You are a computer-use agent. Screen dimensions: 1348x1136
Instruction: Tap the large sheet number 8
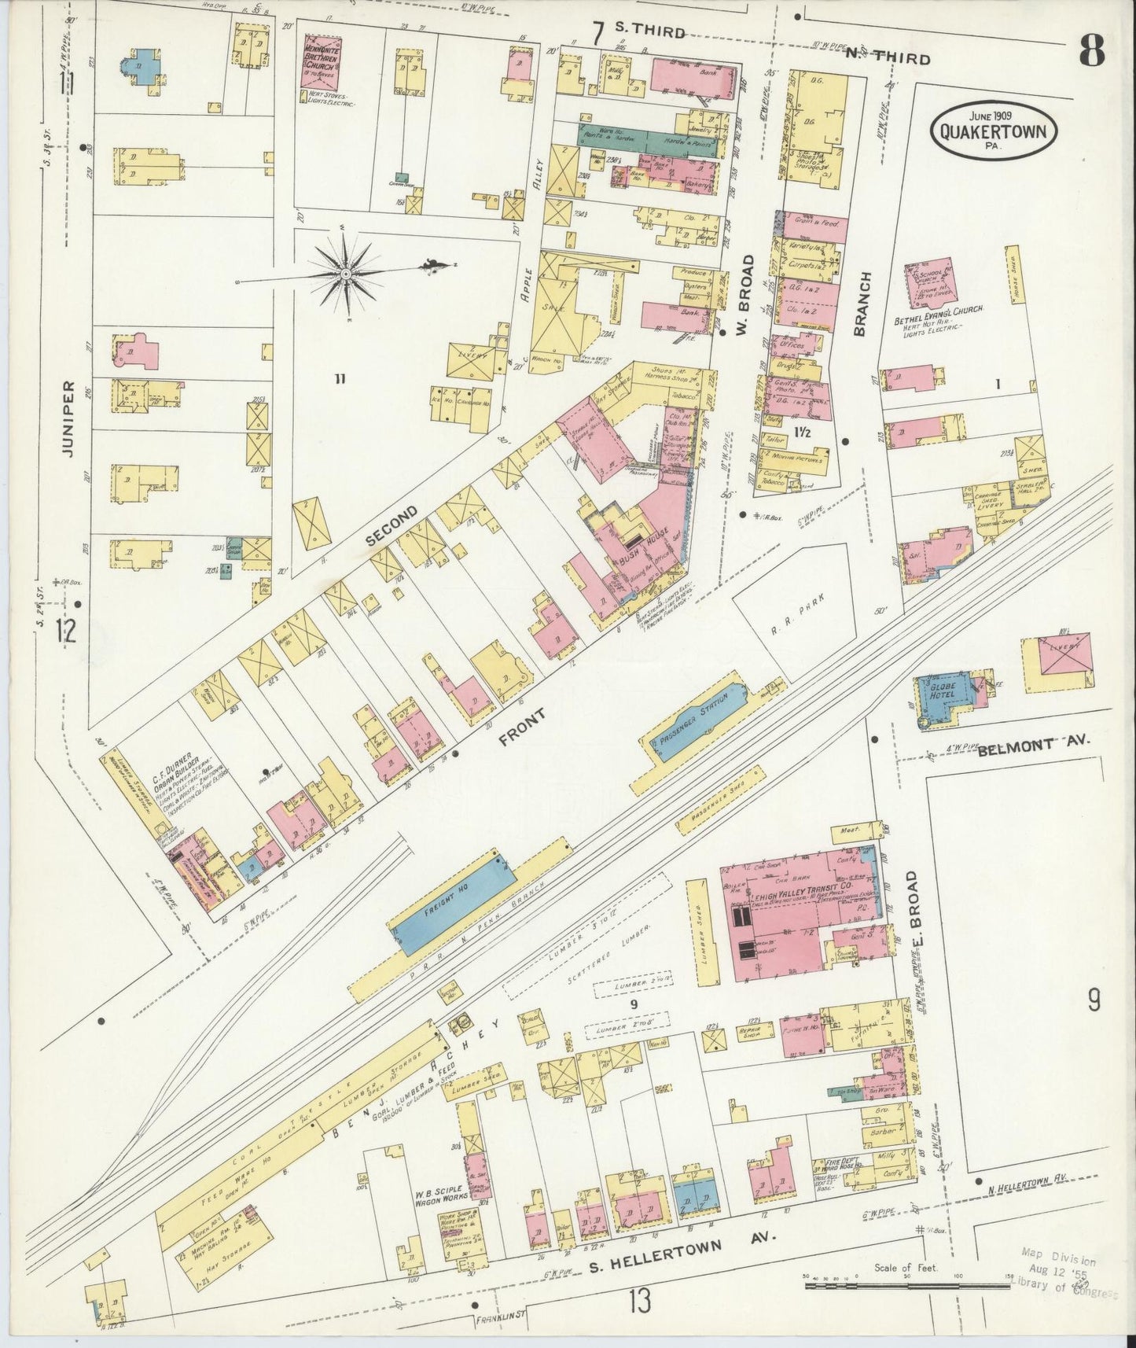coord(1091,52)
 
